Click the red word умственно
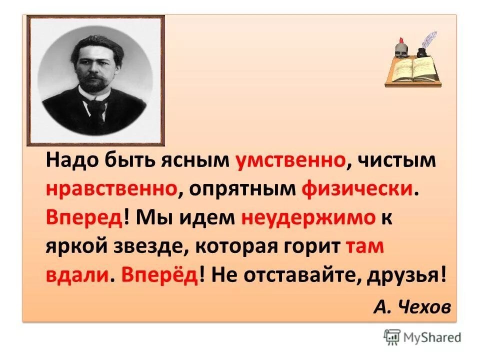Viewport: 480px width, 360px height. click(290, 161)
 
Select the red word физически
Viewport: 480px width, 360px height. click(358, 189)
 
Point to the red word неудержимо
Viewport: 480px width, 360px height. click(308, 218)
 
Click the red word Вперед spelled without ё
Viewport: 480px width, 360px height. click(84, 218)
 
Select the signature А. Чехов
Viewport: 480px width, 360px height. click(411, 306)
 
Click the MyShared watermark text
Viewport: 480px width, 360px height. click(431, 337)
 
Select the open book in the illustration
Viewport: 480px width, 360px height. click(411, 70)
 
